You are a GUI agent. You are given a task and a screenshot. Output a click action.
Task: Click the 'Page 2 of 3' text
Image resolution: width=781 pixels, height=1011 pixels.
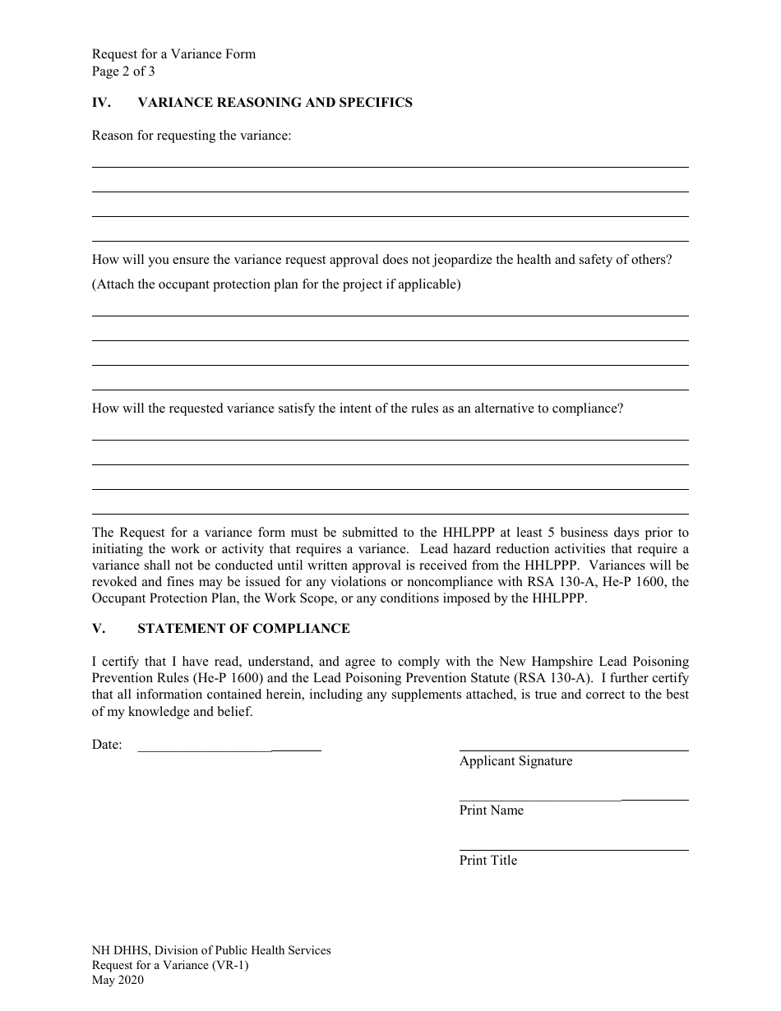point(123,71)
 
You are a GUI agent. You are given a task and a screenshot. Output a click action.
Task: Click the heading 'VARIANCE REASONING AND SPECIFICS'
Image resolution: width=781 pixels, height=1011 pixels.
point(275,103)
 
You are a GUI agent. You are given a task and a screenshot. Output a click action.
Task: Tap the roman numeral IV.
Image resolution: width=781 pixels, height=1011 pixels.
point(99,103)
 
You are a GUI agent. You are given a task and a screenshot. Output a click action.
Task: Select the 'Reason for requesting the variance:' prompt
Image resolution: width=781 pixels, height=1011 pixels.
point(192,136)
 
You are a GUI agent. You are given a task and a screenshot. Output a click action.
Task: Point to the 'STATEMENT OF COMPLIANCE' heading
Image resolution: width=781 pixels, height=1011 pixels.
point(243,629)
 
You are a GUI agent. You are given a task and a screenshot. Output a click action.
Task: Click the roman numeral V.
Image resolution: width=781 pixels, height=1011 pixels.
point(97,629)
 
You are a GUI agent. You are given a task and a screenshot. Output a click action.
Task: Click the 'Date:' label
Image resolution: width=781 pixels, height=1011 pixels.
point(107,745)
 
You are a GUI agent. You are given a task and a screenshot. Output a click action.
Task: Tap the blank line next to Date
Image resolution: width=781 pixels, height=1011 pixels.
point(229,750)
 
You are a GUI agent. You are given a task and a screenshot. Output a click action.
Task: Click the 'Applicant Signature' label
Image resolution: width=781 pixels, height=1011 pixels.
point(515,761)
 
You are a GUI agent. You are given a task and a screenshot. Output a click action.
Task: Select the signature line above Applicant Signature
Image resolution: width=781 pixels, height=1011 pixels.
point(573,750)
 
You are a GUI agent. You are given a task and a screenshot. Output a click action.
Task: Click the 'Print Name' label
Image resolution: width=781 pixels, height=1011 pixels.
point(491,810)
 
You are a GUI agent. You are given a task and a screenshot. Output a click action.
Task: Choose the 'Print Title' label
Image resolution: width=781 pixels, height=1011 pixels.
point(488,861)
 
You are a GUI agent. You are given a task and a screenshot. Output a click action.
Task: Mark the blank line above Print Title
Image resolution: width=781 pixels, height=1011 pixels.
point(573,849)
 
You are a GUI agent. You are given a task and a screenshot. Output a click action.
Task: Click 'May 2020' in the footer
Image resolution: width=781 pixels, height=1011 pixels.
point(118,980)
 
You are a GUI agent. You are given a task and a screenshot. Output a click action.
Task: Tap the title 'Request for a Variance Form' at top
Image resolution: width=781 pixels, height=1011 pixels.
point(173,54)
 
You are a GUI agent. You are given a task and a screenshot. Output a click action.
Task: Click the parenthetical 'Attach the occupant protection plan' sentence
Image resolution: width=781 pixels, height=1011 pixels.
point(276,284)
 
